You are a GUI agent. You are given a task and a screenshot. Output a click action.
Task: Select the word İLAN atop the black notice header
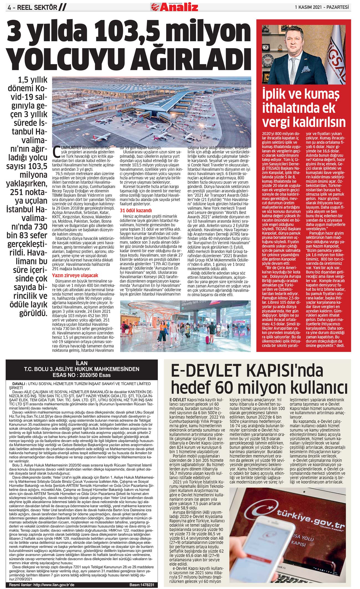81,363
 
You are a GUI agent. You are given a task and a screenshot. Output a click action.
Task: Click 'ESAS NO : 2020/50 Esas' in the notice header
81,375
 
